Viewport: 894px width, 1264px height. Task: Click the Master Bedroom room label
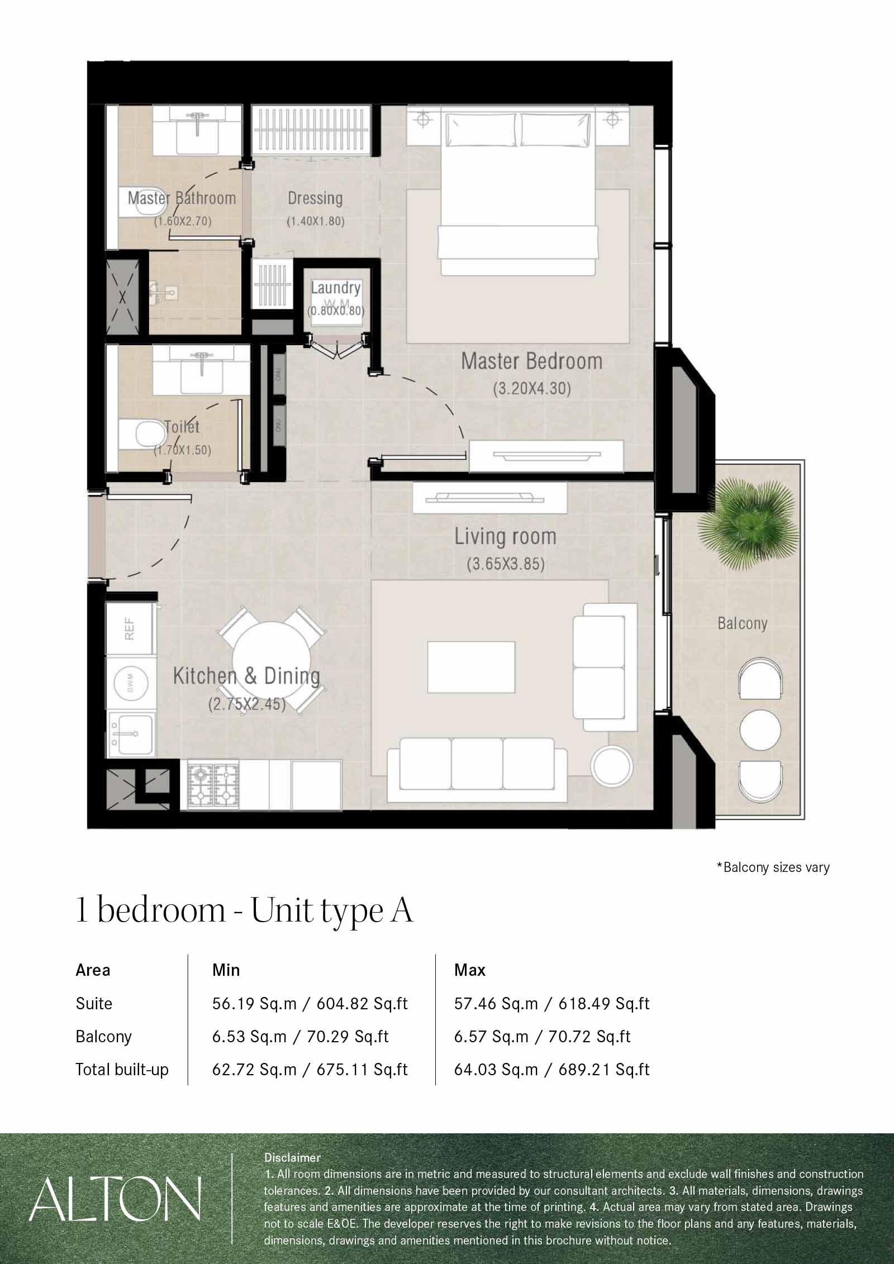(531, 361)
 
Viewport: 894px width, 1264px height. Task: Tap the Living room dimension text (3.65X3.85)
(505, 564)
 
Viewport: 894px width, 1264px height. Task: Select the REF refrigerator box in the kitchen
(130, 628)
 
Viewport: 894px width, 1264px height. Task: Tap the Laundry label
(335, 288)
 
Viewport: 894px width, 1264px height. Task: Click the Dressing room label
(315, 198)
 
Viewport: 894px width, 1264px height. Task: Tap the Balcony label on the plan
(742, 623)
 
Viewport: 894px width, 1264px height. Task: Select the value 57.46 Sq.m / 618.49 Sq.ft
(551, 1004)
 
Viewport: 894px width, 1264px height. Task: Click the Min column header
(226, 970)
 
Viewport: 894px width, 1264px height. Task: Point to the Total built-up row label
(122, 1070)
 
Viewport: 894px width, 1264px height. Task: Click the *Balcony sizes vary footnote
(773, 867)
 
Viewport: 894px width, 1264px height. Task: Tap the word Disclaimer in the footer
(292, 1157)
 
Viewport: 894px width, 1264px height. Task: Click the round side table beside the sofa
(612, 766)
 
